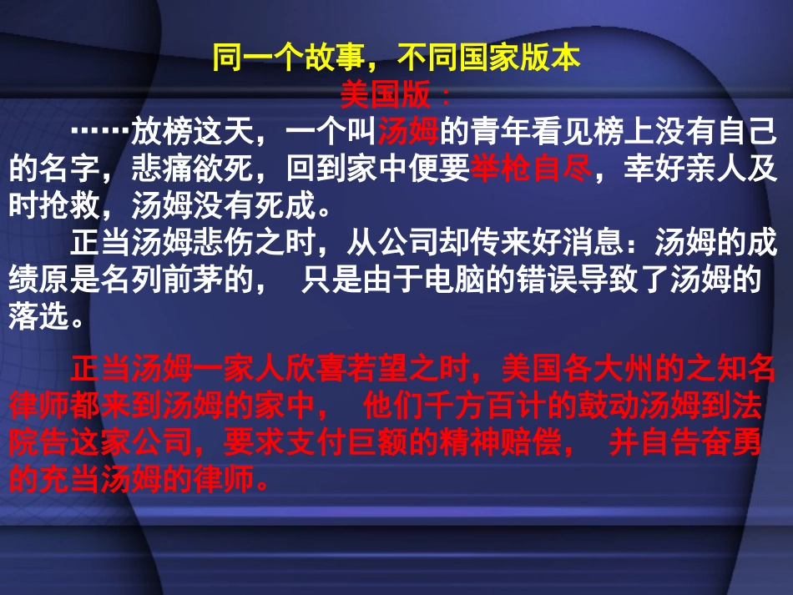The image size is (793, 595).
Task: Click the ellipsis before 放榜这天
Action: pos(98,131)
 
